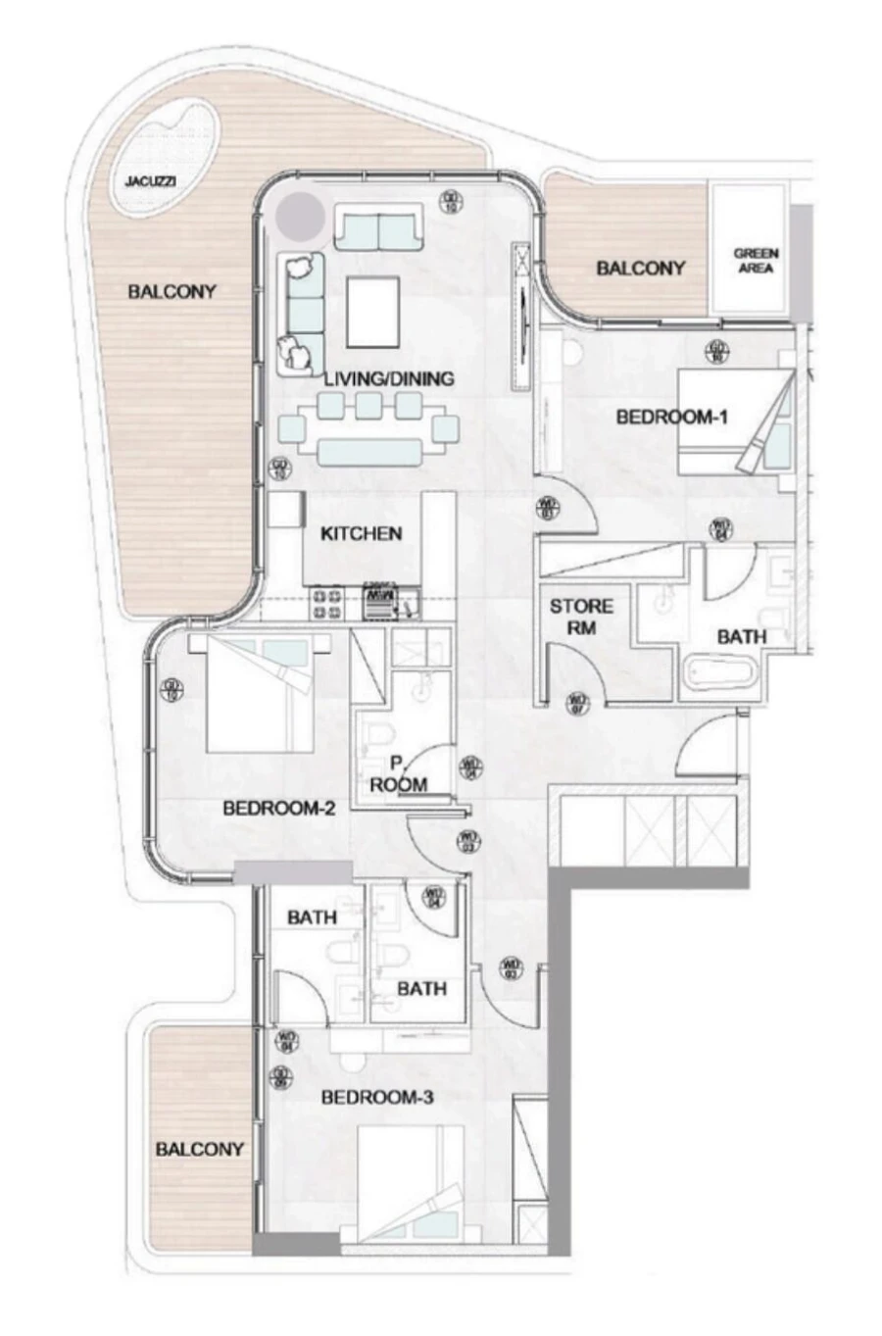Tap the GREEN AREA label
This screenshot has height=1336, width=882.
756,260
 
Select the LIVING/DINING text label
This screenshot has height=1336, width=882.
389,378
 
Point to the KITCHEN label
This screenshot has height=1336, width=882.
362,534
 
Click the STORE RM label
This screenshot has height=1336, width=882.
581,617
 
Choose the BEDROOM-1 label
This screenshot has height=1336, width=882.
671,418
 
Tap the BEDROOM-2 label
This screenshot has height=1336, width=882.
279,809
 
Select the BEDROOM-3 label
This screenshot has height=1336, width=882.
377,1098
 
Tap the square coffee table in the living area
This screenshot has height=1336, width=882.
373,311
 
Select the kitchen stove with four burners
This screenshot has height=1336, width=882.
326,601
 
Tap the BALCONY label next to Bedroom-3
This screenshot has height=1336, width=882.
199,1149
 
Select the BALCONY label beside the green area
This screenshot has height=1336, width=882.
641,268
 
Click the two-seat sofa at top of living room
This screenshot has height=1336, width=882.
379,231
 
